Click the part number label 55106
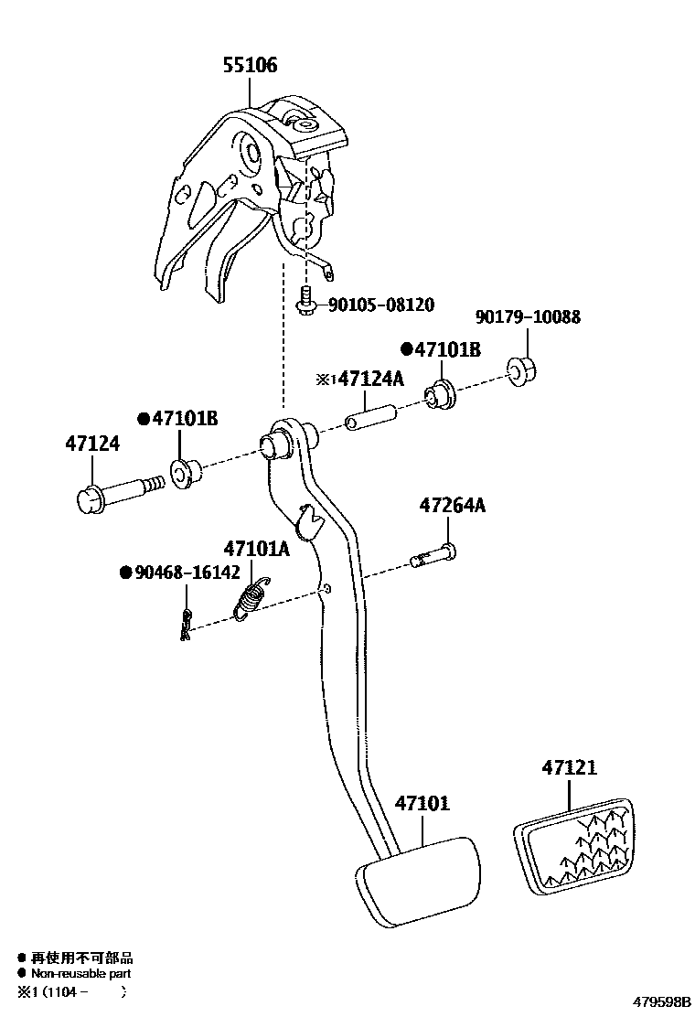(250, 66)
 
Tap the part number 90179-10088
(528, 317)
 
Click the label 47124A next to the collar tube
(370, 379)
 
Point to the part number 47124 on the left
(91, 444)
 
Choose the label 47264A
(453, 505)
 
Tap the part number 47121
(568, 767)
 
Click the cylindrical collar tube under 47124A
(368, 415)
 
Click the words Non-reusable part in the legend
(81, 974)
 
